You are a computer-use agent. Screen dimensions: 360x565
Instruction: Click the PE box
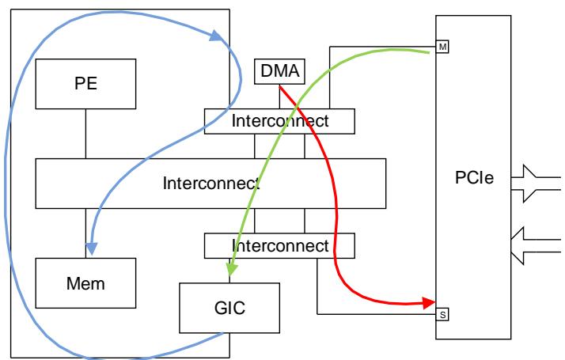click(85, 85)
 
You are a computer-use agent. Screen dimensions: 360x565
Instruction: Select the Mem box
click(85, 281)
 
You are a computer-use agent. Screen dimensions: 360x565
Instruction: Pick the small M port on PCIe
click(442, 47)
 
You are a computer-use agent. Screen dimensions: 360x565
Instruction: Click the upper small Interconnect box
click(279, 120)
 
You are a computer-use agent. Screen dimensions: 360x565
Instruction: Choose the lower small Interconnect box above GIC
click(279, 246)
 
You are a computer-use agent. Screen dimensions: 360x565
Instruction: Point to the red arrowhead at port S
click(432, 302)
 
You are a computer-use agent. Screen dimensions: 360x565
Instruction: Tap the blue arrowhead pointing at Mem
click(91, 250)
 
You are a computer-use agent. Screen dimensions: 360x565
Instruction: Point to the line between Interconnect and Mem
click(85, 233)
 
